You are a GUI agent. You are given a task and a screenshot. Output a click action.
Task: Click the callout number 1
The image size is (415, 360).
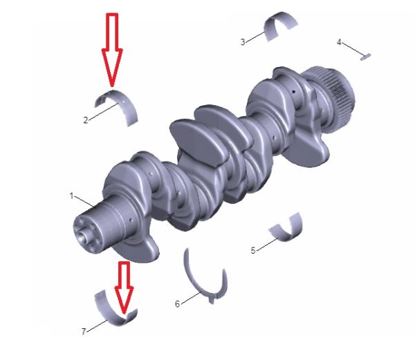[x=71, y=196]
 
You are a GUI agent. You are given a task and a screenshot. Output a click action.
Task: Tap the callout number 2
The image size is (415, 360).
[x=86, y=120]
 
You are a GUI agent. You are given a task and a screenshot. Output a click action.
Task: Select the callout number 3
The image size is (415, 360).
[x=243, y=42]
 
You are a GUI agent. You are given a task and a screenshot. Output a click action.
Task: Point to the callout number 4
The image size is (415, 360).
[x=339, y=42]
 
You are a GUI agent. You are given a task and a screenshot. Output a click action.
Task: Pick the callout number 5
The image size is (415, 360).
[x=253, y=250]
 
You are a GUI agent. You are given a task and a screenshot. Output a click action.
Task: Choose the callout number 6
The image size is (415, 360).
[x=177, y=304]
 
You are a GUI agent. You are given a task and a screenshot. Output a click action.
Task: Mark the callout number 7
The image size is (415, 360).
[x=84, y=332]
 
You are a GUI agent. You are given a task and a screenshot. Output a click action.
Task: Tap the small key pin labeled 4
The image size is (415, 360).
[x=365, y=57]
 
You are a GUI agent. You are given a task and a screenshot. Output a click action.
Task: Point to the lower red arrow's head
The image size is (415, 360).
[x=124, y=300]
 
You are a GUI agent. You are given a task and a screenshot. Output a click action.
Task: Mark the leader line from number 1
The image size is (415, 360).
[x=84, y=202]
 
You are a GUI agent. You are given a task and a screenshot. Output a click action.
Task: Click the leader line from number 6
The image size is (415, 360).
[x=191, y=298]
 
